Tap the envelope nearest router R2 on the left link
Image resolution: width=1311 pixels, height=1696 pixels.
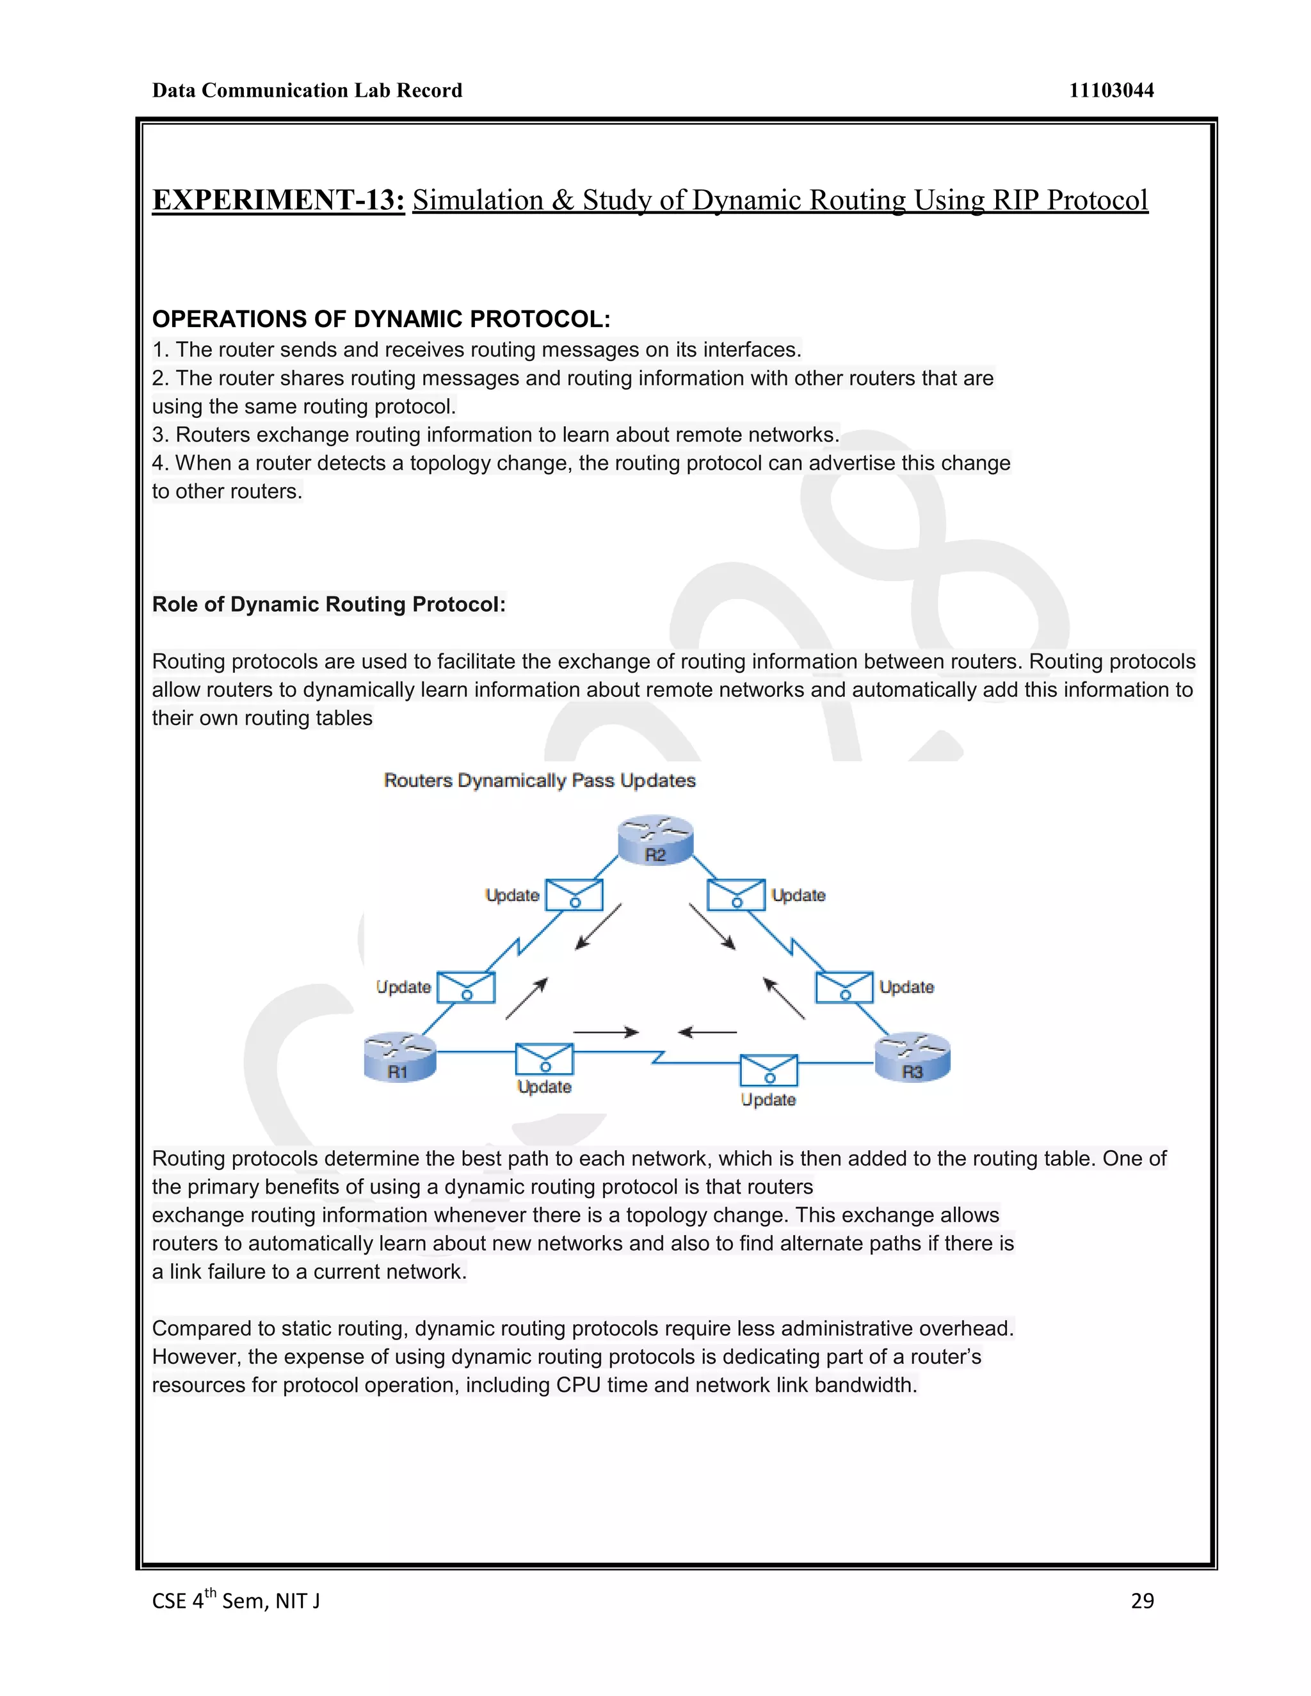click(574, 895)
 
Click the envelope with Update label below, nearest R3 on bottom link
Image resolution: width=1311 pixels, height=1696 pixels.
click(768, 1070)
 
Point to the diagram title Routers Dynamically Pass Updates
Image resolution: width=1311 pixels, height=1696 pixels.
click(540, 780)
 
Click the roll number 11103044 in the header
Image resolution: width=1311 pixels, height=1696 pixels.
click(1111, 91)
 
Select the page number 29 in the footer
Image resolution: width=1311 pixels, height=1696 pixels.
click(1142, 1601)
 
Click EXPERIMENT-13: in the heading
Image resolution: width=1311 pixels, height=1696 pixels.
click(278, 200)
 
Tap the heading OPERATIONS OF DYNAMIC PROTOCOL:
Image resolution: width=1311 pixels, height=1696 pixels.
click(381, 319)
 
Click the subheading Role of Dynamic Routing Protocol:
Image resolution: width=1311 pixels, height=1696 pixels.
click(328, 604)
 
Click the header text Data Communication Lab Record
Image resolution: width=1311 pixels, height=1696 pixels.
click(307, 91)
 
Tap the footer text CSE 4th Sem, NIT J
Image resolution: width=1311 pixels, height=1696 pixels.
click(236, 1601)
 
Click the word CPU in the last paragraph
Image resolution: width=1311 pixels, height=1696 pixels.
click(578, 1386)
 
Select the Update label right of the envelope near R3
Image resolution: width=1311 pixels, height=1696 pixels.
click(906, 987)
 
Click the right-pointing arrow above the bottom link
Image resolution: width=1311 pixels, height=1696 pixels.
click(606, 1032)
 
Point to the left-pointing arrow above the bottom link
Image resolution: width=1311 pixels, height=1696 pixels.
click(707, 1032)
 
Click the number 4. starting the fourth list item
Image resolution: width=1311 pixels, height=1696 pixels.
click(160, 463)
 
